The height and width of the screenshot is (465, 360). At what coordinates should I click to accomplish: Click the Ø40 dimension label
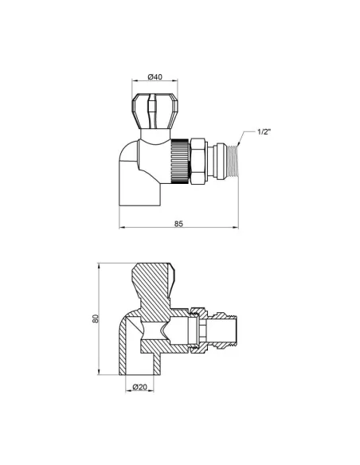click(x=155, y=77)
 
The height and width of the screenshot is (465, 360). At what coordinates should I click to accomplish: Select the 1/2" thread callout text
click(x=264, y=131)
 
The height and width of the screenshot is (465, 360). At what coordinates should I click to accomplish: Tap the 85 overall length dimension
click(x=178, y=223)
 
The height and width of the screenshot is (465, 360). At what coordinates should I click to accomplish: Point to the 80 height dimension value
click(x=94, y=318)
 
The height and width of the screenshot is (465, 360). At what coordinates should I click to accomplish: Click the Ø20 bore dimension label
click(x=140, y=388)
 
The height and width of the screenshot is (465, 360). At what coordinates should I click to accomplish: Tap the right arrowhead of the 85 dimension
click(x=235, y=229)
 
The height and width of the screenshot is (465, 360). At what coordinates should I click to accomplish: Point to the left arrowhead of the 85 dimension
click(x=122, y=229)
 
